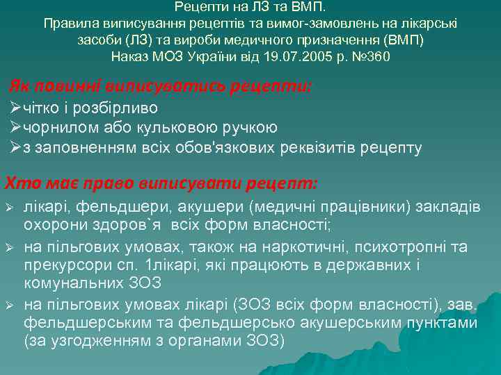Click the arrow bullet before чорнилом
[x=16, y=128]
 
